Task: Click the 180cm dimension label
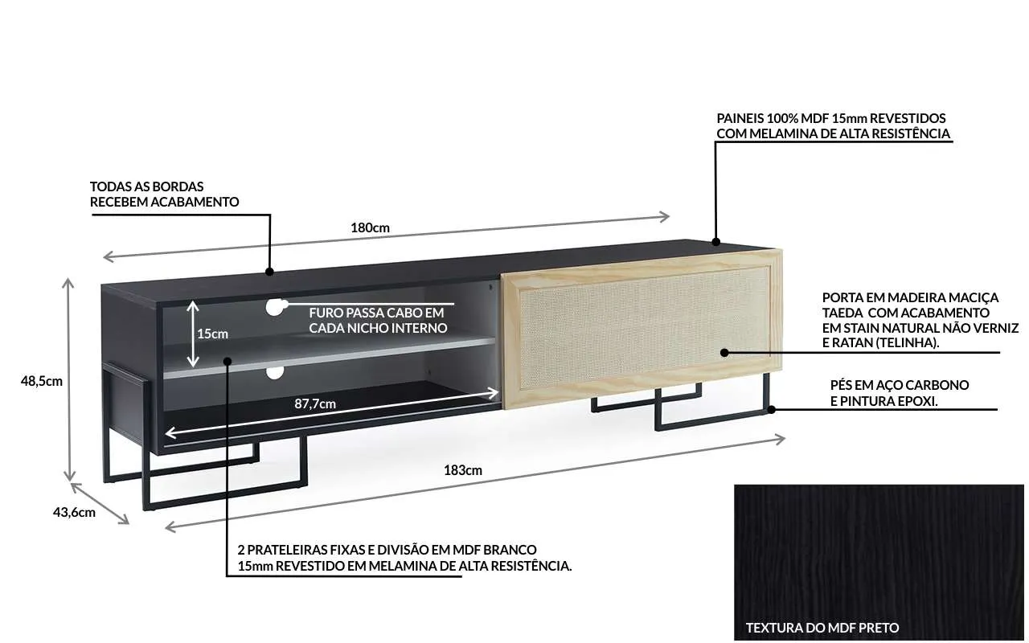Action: (371, 227)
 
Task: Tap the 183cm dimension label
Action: (463, 470)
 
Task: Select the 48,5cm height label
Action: (41, 381)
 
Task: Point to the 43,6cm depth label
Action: (74, 513)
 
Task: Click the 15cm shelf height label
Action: (213, 334)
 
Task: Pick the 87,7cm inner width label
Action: (315, 404)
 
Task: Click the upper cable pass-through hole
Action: (274, 307)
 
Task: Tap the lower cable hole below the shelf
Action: (275, 372)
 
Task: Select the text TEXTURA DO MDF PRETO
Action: (822, 628)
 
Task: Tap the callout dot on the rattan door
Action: (724, 353)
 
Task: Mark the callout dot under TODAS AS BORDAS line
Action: (269, 272)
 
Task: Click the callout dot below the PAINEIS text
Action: (715, 242)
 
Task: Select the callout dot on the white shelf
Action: (227, 361)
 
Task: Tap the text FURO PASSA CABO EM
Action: (376, 313)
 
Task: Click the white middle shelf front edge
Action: (330, 358)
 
